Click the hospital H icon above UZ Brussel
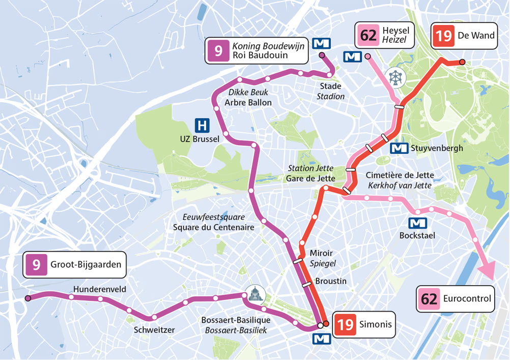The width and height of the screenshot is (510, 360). [x=202, y=125]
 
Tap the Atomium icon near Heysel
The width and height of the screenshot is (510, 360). [x=395, y=76]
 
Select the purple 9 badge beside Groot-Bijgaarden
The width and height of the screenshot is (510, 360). [x=37, y=265]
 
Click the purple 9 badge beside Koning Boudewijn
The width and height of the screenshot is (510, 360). [x=218, y=50]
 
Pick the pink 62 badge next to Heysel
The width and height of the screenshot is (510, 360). [x=368, y=36]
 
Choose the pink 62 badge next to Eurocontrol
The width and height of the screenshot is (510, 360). [x=429, y=299]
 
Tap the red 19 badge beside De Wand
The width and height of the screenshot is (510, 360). [x=443, y=36]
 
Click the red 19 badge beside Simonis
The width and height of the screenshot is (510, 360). [x=345, y=324]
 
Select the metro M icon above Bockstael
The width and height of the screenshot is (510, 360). [x=417, y=223]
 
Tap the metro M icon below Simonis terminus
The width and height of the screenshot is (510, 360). [x=321, y=339]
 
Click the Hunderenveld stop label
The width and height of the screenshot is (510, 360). [x=100, y=289]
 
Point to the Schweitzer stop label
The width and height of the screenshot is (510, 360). [x=154, y=330]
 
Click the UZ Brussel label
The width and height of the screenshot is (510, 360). [x=200, y=139]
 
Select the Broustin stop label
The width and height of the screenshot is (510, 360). [x=330, y=281]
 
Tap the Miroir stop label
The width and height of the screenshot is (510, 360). [x=321, y=253]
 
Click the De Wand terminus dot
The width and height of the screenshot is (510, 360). [x=462, y=62]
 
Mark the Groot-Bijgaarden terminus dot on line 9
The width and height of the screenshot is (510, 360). [x=27, y=298]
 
